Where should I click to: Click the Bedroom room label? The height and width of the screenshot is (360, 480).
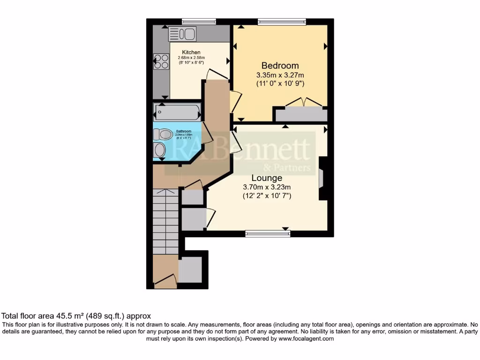tap(280, 66)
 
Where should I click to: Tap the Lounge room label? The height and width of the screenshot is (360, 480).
tap(267, 178)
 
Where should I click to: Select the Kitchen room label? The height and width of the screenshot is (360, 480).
tap(191, 52)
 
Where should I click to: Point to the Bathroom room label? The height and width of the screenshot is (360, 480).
tap(183, 131)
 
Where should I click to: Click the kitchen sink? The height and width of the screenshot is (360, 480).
tap(182, 34)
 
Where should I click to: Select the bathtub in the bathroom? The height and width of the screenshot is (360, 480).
tap(177, 112)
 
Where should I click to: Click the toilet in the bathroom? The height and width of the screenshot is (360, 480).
tap(162, 135)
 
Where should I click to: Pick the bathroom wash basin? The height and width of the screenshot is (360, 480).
tap(160, 150)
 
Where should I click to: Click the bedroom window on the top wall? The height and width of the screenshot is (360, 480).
tap(282, 22)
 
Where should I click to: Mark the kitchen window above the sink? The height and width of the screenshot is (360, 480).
tap(199, 22)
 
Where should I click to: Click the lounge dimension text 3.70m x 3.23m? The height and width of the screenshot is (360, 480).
tap(267, 188)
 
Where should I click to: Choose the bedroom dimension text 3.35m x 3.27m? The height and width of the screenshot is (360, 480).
tap(280, 75)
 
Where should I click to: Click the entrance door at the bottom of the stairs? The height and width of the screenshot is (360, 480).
tap(165, 281)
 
